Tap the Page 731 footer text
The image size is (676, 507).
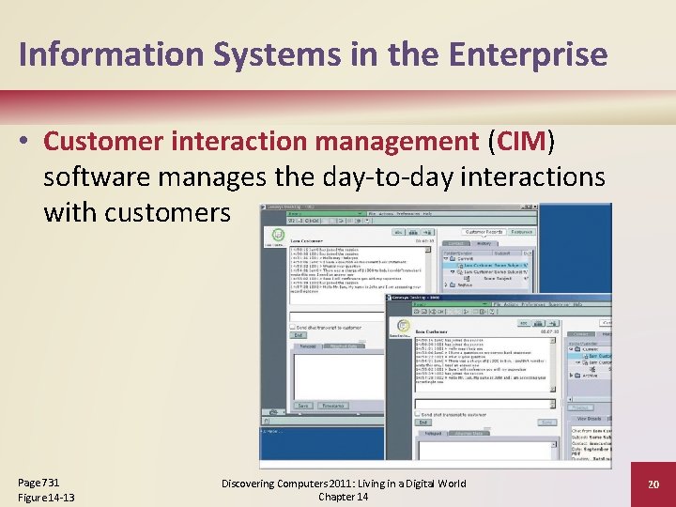(x=38, y=481)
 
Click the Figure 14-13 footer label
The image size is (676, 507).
(x=46, y=497)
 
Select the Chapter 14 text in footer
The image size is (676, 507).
(x=343, y=497)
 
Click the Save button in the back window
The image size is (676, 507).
(x=303, y=406)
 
